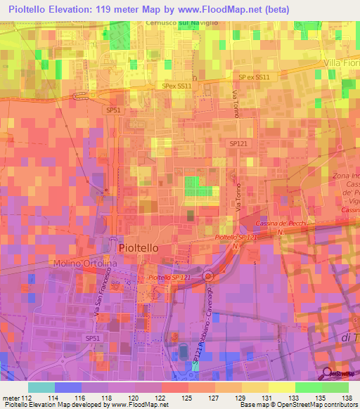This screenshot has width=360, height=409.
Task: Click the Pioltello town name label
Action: click(x=139, y=248)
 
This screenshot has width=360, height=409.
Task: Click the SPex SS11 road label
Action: click(x=176, y=86)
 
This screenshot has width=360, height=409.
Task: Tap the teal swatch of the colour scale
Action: click(x=41, y=387)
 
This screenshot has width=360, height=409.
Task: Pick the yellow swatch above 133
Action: click(x=281, y=387)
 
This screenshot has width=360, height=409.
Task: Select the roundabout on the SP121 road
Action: click(x=208, y=276)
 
